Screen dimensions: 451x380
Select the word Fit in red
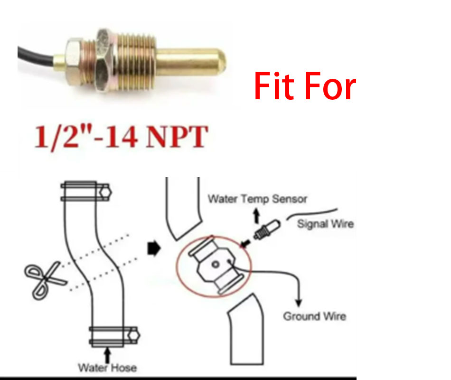[x=274, y=86]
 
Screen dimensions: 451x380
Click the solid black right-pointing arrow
[x=154, y=248]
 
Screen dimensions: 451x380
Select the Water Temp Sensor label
[x=257, y=199]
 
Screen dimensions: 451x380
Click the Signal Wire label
[x=325, y=224]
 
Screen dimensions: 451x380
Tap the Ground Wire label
[x=315, y=316]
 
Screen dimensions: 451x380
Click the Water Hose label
[x=107, y=368]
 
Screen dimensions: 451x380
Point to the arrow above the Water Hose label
[x=107, y=355]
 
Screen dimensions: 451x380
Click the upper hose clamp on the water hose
[x=86, y=191]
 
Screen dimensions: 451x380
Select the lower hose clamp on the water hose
[x=114, y=336]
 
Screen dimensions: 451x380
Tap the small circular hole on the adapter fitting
[x=216, y=264]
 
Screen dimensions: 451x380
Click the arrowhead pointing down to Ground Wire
[x=299, y=303]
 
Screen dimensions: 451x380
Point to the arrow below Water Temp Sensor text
[x=256, y=216]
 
